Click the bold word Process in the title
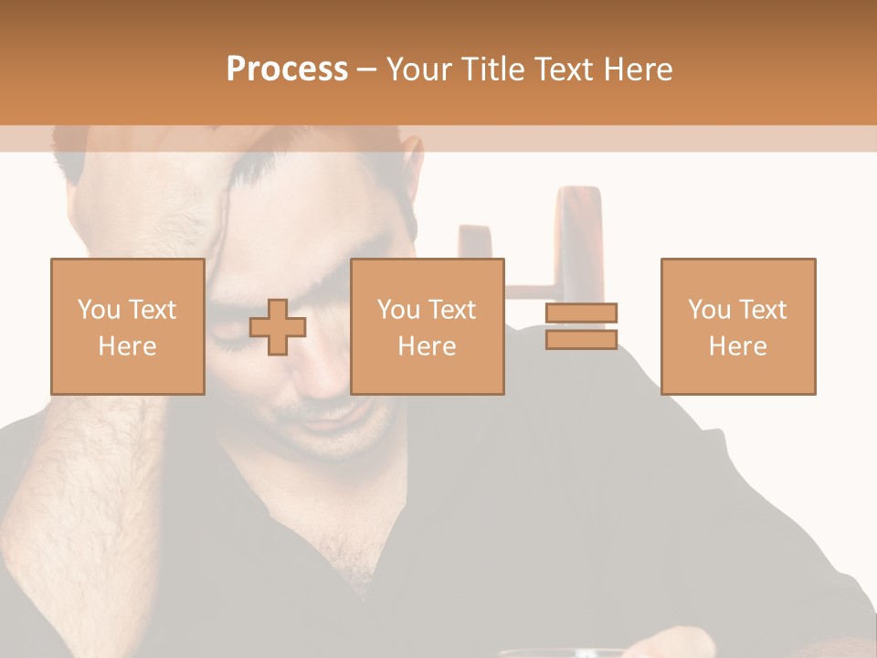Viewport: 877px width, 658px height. point(287,69)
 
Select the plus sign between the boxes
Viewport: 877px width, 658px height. point(278,327)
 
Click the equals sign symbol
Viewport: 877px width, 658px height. point(582,326)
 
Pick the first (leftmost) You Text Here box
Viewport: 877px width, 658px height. point(127,326)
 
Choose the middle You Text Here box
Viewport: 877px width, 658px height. point(427,326)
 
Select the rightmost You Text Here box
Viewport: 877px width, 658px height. point(737,326)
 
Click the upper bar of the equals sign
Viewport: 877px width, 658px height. point(582,313)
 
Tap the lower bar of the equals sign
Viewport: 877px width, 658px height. point(582,339)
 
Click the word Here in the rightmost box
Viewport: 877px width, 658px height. point(737,345)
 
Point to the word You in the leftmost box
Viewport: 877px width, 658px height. point(99,309)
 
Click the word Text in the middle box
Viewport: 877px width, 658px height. point(451,309)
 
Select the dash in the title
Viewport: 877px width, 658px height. point(367,69)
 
